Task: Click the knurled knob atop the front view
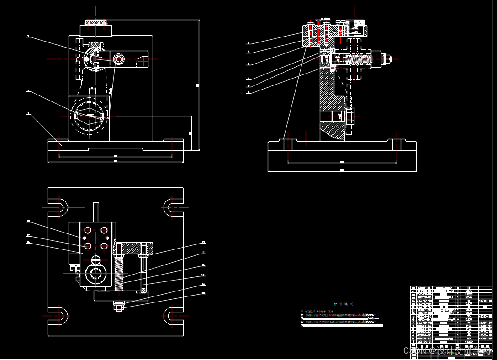pos(96,22)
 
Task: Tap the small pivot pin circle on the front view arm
pos(119,59)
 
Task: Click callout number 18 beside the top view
pos(28,222)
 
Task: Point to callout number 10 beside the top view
pos(203,242)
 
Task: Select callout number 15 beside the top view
pos(203,293)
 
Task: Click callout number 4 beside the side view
pos(248,43)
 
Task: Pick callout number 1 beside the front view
pos(28,113)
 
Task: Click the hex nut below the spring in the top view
pos(119,307)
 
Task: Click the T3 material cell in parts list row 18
pos(468,289)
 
